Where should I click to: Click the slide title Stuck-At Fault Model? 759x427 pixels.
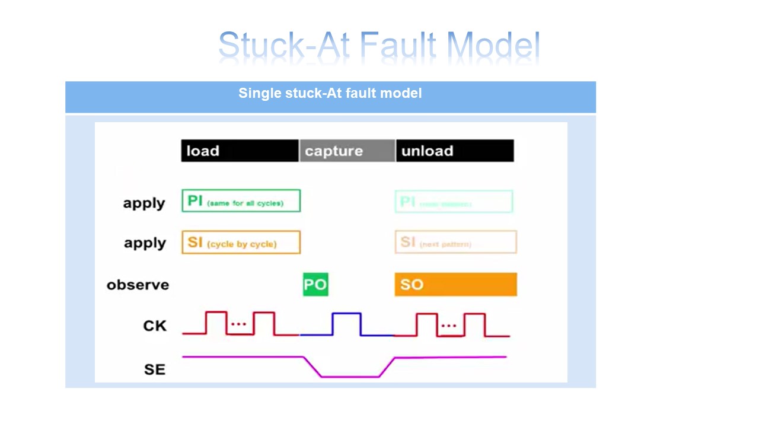(379, 46)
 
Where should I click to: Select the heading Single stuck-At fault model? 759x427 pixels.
(330, 93)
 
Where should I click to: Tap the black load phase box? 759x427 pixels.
(240, 151)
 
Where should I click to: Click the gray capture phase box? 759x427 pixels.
(347, 151)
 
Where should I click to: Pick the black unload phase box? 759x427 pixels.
(454, 151)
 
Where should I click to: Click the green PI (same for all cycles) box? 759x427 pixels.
(241, 201)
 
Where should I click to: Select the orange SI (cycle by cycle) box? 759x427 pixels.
(241, 243)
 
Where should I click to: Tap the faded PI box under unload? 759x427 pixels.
(454, 202)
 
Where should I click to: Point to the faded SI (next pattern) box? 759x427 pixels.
(455, 242)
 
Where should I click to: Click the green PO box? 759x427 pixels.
(315, 285)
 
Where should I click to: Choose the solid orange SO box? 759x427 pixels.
(455, 285)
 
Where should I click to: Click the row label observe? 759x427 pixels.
(138, 285)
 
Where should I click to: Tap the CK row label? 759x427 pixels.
(155, 326)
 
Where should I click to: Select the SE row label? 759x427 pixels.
(155, 369)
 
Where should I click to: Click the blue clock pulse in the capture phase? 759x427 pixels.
(346, 324)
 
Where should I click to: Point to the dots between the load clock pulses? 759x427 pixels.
(238, 324)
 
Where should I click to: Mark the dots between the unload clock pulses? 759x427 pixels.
(449, 326)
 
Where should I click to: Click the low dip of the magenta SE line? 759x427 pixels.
(350, 376)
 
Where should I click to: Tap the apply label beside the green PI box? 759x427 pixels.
(144, 203)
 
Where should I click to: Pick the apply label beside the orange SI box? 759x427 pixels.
(145, 243)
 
